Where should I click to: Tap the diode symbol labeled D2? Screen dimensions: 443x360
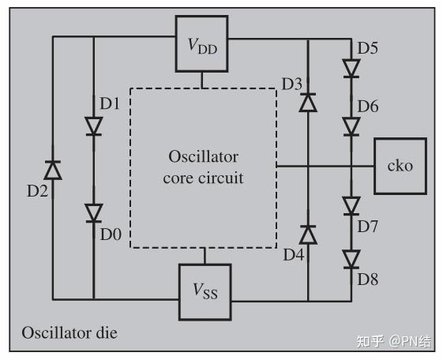pyautogui.click(x=53, y=170)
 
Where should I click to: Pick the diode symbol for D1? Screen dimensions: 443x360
pyautogui.click(x=94, y=126)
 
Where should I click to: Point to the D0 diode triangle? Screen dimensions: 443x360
pyautogui.click(x=94, y=213)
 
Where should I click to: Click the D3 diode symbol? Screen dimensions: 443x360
pyautogui.click(x=308, y=102)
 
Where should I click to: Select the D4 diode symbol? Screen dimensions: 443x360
pyautogui.click(x=308, y=234)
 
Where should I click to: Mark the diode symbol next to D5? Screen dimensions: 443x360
pyautogui.click(x=351, y=69)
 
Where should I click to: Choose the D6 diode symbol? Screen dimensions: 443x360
pyautogui.click(x=351, y=127)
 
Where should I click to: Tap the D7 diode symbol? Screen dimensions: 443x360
pyautogui.click(x=351, y=206)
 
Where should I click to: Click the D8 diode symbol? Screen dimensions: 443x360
pyautogui.click(x=351, y=259)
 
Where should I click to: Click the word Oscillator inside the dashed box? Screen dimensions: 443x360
pyautogui.click(x=204, y=156)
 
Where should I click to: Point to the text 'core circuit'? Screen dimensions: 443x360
pyautogui.click(x=203, y=178)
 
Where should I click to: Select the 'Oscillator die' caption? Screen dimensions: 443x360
pyautogui.click(x=69, y=332)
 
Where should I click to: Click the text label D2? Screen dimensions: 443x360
pyautogui.click(x=37, y=191)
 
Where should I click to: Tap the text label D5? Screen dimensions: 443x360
pyautogui.click(x=367, y=47)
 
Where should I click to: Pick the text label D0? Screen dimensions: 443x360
pyautogui.click(x=111, y=234)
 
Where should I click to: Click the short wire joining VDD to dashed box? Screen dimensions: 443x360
pyautogui.click(x=201, y=81)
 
